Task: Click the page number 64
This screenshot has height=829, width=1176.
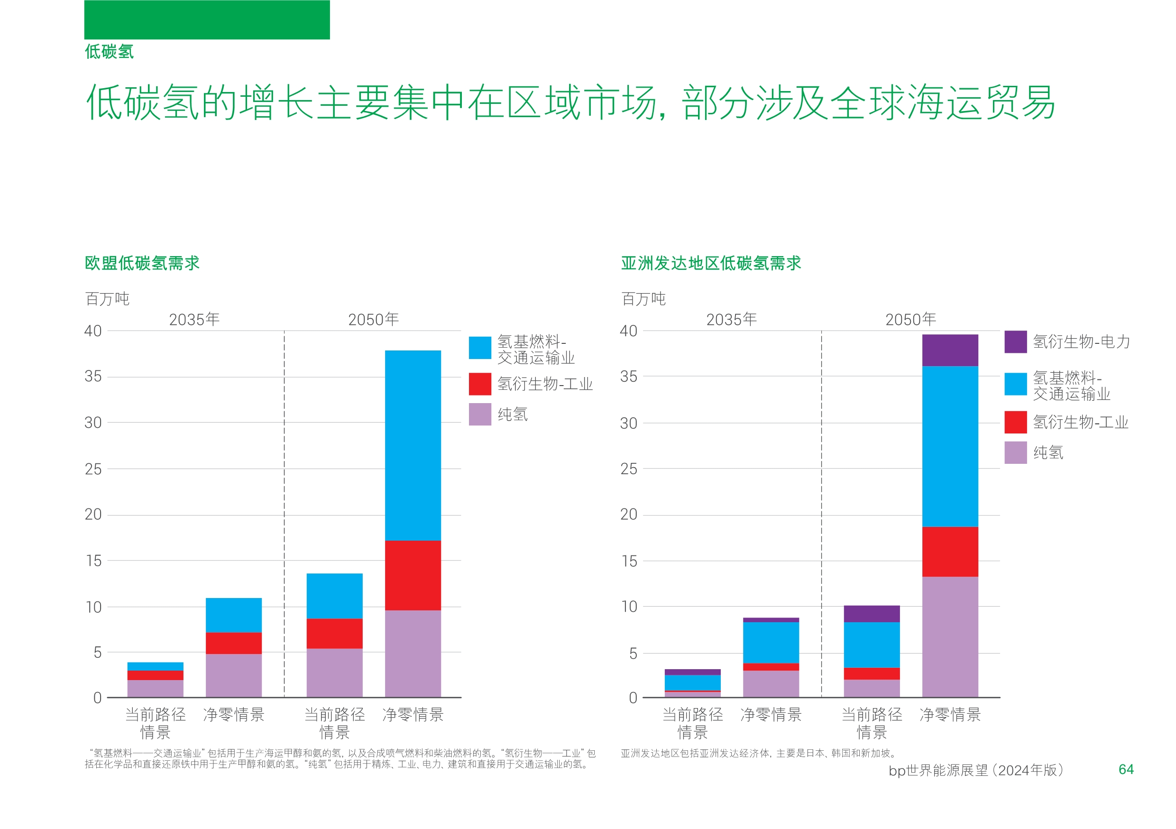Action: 1126,769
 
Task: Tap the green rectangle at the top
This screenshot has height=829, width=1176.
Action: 207,19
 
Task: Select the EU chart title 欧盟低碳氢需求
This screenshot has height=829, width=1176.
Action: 142,263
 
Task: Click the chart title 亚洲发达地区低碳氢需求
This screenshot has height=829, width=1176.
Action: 710,263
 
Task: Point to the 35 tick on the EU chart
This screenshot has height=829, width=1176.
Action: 93,377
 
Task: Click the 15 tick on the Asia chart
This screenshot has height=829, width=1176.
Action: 629,561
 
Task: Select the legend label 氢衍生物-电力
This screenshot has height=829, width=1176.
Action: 1081,341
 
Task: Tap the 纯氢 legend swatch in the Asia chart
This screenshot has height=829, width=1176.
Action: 1015,452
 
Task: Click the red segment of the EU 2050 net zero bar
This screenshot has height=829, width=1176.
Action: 413,575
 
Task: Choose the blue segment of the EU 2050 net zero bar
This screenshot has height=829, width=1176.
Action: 413,445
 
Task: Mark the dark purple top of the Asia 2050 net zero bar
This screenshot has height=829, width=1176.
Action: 950,350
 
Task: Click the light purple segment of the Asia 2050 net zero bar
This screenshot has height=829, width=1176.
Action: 950,636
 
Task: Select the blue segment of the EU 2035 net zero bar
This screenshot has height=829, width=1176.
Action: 234,615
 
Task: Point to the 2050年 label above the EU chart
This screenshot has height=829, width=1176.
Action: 373,320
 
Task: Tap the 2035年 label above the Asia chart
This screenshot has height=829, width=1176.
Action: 731,320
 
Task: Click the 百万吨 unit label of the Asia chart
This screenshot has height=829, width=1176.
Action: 643,298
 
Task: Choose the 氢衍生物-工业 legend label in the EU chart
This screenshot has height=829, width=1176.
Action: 545,384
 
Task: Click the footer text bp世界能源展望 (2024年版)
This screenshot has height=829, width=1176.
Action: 976,770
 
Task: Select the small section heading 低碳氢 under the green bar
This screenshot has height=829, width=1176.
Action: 109,51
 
